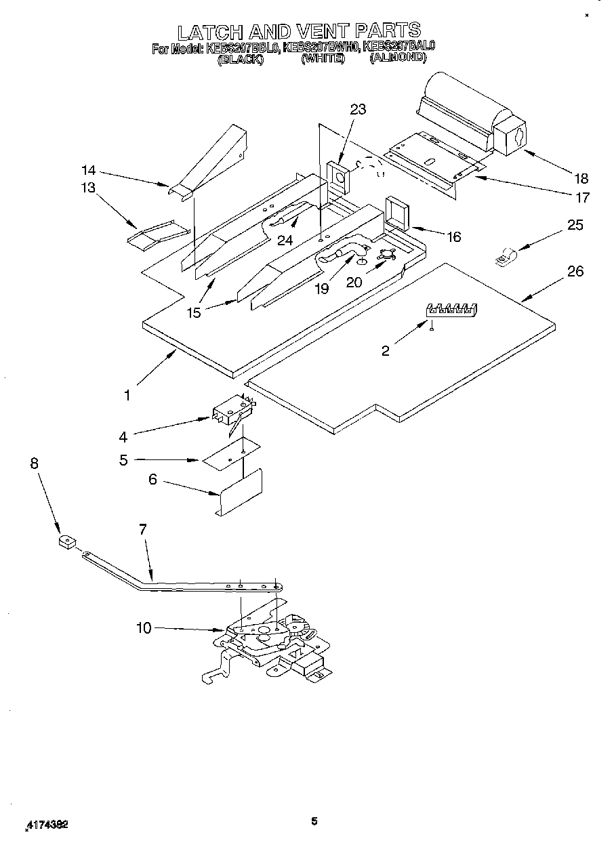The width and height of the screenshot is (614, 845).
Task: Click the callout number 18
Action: tap(581, 179)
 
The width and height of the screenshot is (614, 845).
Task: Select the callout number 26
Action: tap(575, 272)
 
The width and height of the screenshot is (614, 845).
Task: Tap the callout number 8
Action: tap(35, 463)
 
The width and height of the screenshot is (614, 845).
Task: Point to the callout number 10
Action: tap(144, 628)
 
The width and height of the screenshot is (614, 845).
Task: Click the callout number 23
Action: tap(358, 109)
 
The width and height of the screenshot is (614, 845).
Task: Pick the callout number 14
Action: tap(89, 170)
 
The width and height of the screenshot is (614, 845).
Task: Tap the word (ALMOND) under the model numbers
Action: tap(398, 59)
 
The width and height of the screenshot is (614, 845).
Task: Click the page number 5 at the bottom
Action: tap(314, 821)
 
